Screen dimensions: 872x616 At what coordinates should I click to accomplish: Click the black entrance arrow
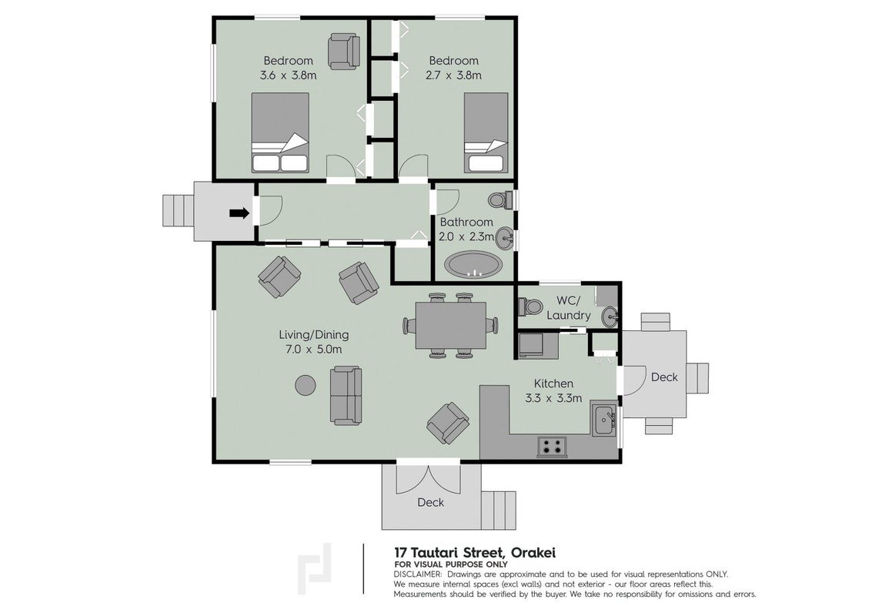click(239, 213)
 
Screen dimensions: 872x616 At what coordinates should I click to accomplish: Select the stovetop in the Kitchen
click(552, 447)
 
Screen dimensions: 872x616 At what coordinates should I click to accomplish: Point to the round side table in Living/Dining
click(306, 385)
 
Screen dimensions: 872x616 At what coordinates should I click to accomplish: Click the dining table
click(451, 325)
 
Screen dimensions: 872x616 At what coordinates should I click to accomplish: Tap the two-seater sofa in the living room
click(346, 396)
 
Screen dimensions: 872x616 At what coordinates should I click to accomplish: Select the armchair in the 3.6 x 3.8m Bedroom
click(344, 51)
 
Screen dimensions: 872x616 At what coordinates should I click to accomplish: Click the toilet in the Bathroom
click(500, 199)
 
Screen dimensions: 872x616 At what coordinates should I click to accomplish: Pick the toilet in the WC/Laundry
click(530, 306)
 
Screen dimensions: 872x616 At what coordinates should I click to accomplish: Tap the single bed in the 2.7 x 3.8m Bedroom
click(486, 132)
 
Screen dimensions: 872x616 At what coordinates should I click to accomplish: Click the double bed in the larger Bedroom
click(279, 132)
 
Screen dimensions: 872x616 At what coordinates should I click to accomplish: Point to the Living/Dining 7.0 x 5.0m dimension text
click(314, 350)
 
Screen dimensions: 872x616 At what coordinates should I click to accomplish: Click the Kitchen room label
click(553, 383)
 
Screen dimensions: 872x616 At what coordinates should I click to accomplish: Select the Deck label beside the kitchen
click(664, 377)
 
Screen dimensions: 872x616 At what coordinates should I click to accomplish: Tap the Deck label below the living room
click(431, 503)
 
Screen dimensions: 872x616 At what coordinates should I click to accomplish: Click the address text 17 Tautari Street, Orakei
click(475, 553)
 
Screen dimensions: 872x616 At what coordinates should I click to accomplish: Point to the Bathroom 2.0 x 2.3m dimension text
click(466, 236)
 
